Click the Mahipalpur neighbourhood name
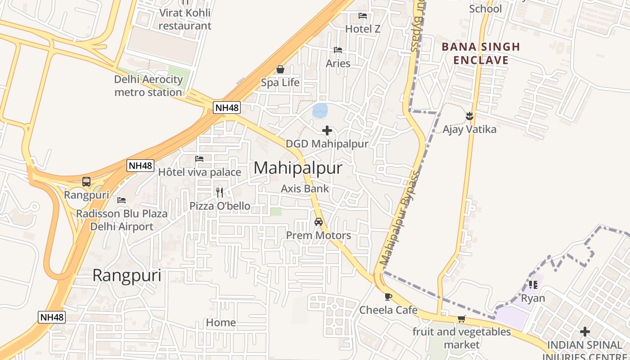[x=298, y=168]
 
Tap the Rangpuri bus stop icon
[x=86, y=182]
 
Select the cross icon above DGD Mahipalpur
[x=327, y=130]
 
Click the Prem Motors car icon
[x=319, y=222]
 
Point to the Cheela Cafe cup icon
[x=388, y=297]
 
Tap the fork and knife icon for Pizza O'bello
[x=220, y=192]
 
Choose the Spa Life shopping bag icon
[x=280, y=69]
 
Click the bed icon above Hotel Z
[x=363, y=16]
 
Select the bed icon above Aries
[x=338, y=50]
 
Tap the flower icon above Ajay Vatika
[x=469, y=116]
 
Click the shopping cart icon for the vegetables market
[x=461, y=319]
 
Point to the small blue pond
[x=320, y=111]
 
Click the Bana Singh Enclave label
[x=481, y=53]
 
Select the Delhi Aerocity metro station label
[x=148, y=86]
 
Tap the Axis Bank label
[x=305, y=189]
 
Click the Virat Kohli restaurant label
[x=185, y=19]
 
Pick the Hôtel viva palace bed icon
[x=199, y=159]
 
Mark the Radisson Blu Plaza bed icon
[x=121, y=200]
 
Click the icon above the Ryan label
[x=533, y=284]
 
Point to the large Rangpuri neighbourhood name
[x=127, y=275]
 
